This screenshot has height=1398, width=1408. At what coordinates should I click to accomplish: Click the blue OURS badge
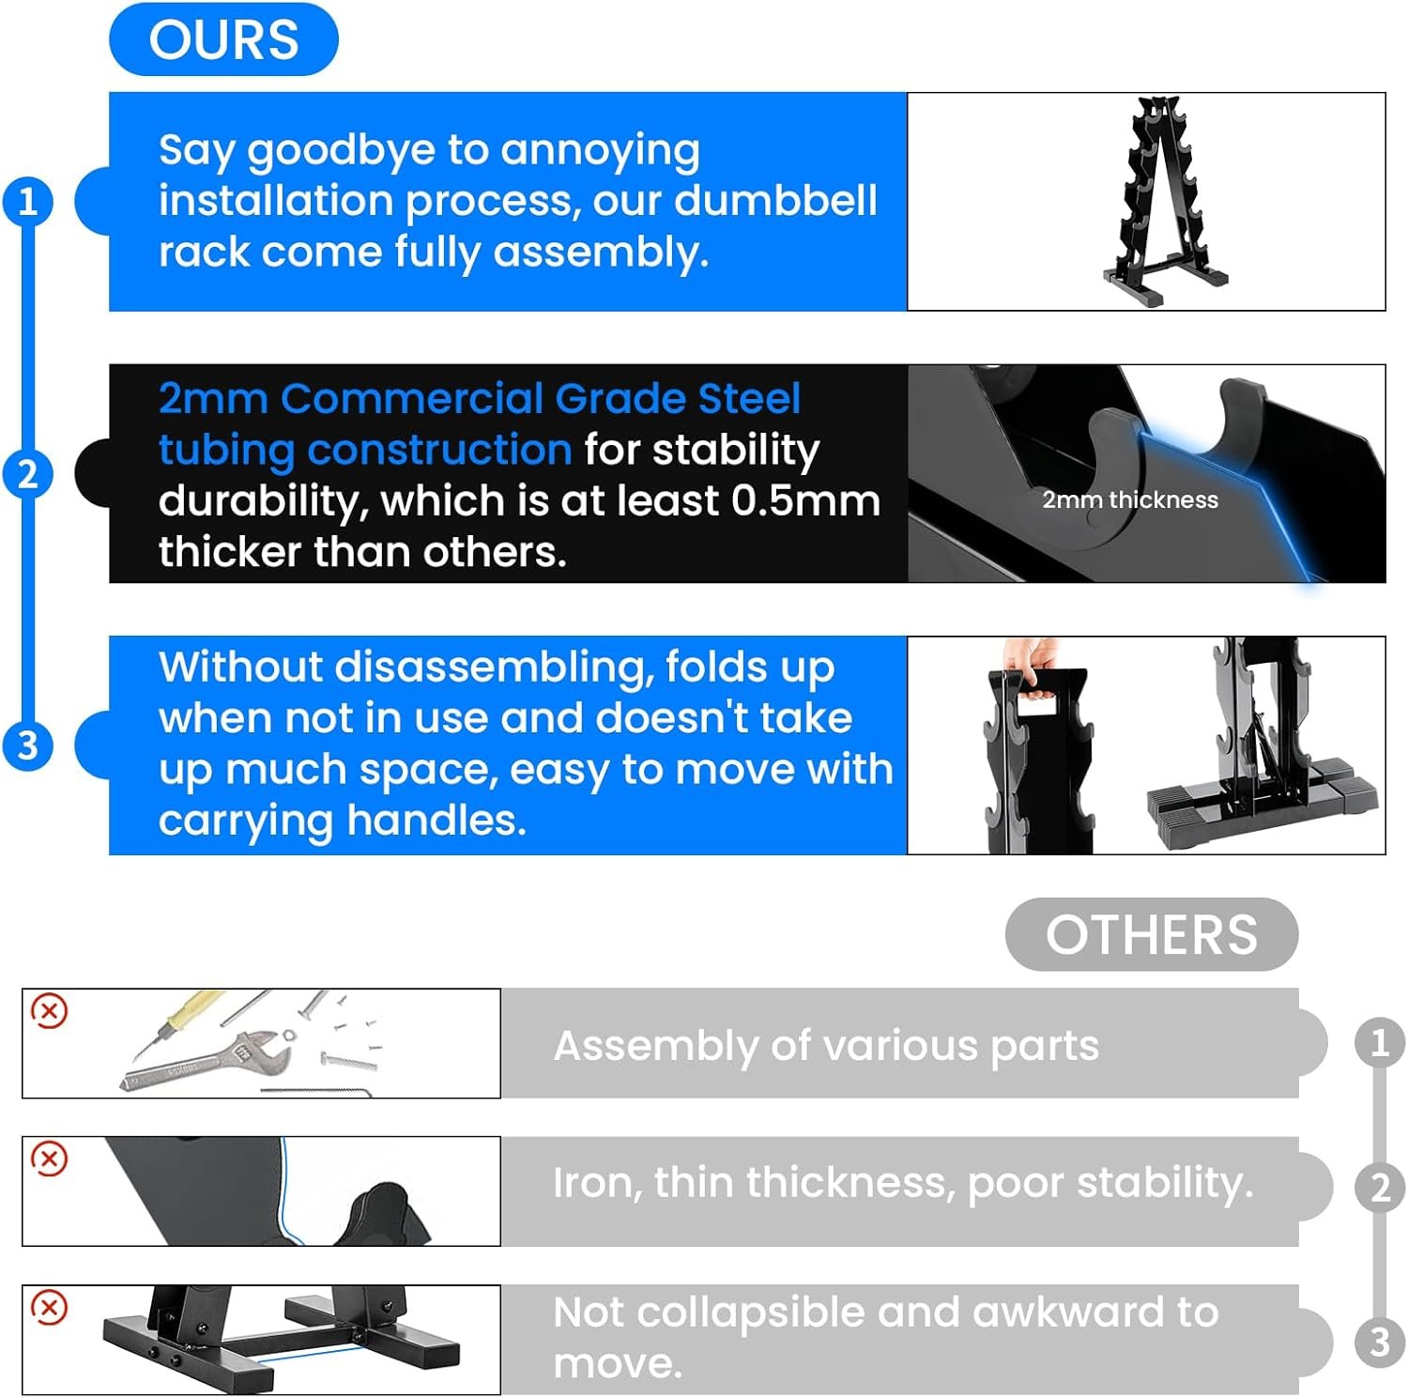tap(223, 39)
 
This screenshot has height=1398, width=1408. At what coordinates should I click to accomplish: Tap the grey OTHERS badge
tap(1152, 934)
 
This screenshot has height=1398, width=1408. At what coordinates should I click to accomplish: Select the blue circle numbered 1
tap(28, 201)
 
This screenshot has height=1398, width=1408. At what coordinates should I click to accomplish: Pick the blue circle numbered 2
tap(28, 473)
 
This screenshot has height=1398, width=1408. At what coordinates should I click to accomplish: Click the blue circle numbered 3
tap(28, 745)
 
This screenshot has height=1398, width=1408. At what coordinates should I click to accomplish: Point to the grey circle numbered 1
tap(1380, 1042)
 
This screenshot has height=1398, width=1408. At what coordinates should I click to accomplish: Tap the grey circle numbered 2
tap(1380, 1188)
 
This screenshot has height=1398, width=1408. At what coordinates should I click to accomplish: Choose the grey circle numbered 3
tap(1380, 1342)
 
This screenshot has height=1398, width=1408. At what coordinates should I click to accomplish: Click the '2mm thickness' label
tap(1130, 499)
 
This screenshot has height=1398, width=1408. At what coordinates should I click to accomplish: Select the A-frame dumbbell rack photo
tap(1165, 202)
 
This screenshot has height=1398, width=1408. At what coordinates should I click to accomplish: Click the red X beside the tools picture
tap(50, 1010)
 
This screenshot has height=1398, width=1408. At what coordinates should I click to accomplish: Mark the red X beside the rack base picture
tap(50, 1307)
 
